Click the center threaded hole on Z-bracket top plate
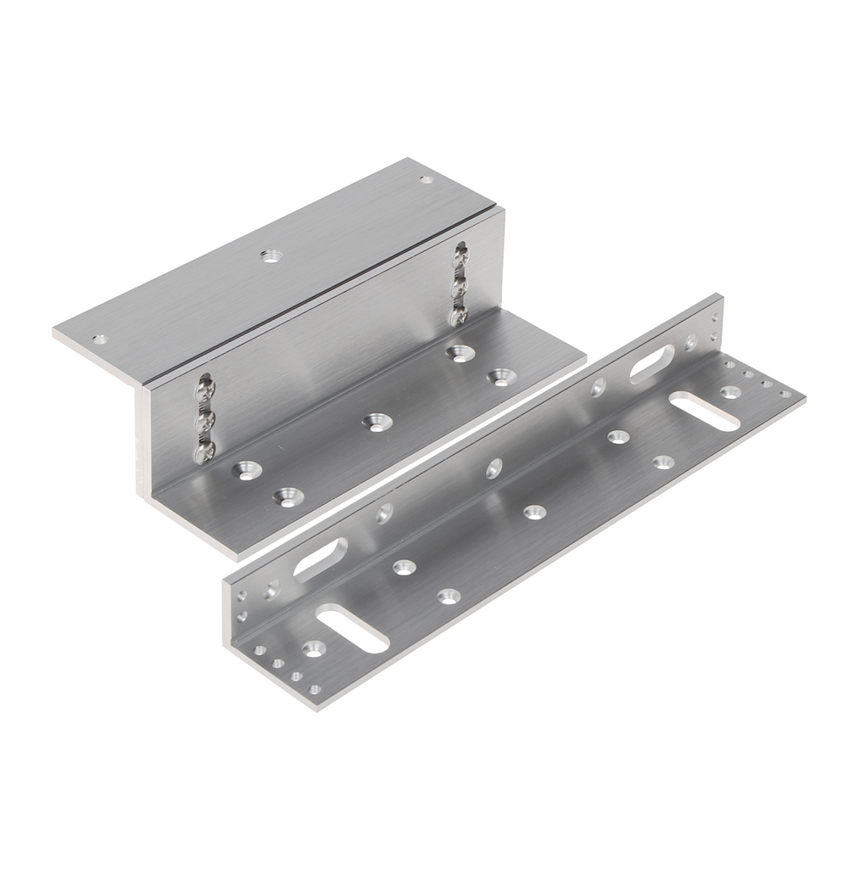coord(271,255)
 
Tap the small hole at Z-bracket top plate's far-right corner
coord(427,179)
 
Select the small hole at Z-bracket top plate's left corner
coord(100,339)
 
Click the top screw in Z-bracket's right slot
coord(460,252)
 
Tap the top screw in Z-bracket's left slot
coord(204,390)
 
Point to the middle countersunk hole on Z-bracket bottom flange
coord(374,421)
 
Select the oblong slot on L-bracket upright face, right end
coord(652,363)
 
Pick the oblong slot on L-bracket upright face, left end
coord(320,559)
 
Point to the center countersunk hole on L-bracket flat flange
coord(534,512)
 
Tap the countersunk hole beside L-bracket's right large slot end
coord(730,391)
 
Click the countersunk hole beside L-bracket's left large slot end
coord(315,648)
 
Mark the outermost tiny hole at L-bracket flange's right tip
coord(785,394)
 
